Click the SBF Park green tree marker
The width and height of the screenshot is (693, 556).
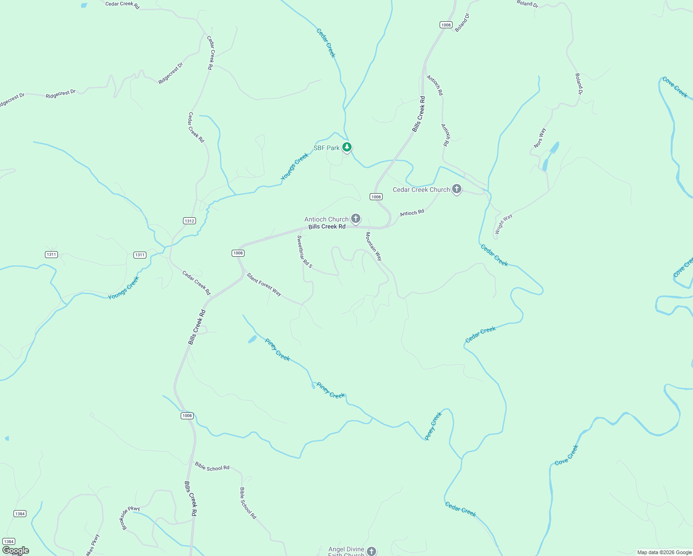click(x=347, y=147)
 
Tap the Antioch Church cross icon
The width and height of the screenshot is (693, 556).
click(x=356, y=218)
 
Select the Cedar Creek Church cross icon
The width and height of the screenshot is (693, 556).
click(x=457, y=189)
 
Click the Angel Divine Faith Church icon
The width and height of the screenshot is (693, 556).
click(x=371, y=551)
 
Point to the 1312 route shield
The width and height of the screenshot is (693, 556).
click(x=189, y=221)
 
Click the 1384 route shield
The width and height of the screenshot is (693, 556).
click(x=20, y=513)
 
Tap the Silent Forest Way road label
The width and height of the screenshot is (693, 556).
click(x=264, y=284)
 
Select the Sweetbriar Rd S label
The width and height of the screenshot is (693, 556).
click(x=304, y=252)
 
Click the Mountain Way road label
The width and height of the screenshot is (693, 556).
click(x=374, y=246)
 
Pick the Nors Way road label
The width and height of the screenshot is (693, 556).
click(x=540, y=138)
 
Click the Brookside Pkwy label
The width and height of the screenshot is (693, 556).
click(x=131, y=518)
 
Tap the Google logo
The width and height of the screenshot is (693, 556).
click(x=16, y=550)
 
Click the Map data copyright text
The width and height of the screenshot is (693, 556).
click(x=664, y=552)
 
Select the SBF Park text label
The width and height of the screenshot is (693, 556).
click(x=327, y=148)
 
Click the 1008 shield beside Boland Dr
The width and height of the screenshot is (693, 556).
click(x=446, y=25)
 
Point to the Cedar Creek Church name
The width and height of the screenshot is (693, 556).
click(x=421, y=190)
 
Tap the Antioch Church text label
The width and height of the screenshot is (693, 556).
click(x=326, y=219)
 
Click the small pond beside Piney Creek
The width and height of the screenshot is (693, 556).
click(x=252, y=339)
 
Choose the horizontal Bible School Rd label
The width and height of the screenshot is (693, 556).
click(x=212, y=467)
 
